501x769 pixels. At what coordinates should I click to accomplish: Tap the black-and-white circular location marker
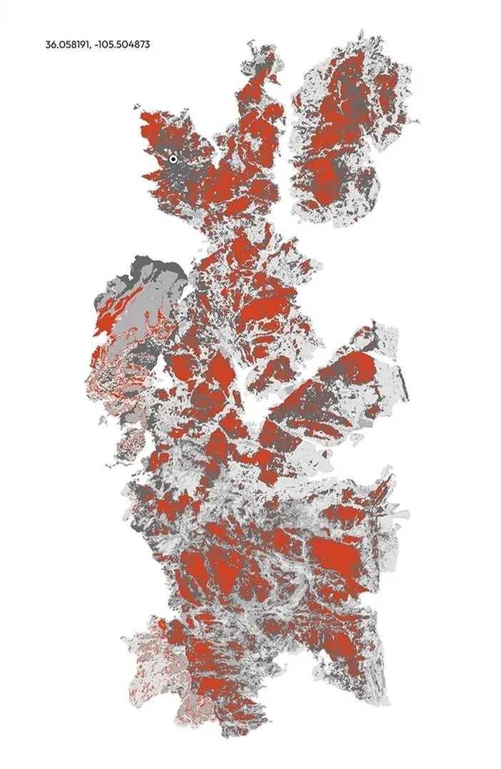pos(173,159)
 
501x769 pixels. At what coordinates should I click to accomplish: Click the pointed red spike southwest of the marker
pos(146,176)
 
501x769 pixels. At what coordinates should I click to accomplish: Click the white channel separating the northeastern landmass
pos(287,143)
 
